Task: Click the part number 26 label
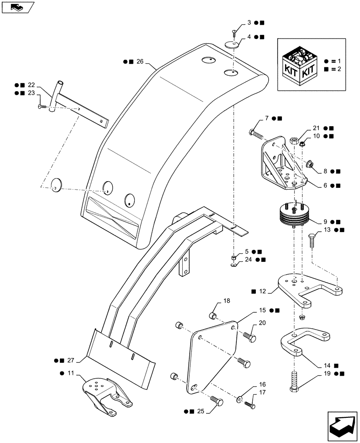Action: [140, 62]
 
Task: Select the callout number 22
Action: [31, 85]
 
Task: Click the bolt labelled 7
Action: [256, 132]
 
